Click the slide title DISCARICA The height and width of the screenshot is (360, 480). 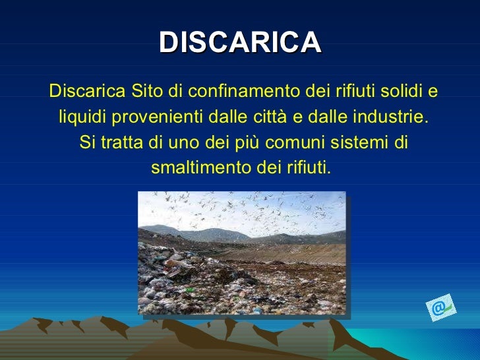pyautogui.click(x=240, y=43)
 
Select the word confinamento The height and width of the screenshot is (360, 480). pyautogui.click(x=227, y=90)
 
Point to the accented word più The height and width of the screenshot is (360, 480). pyautogui.click(x=241, y=142)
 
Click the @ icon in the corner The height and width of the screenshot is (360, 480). pyautogui.click(x=438, y=308)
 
